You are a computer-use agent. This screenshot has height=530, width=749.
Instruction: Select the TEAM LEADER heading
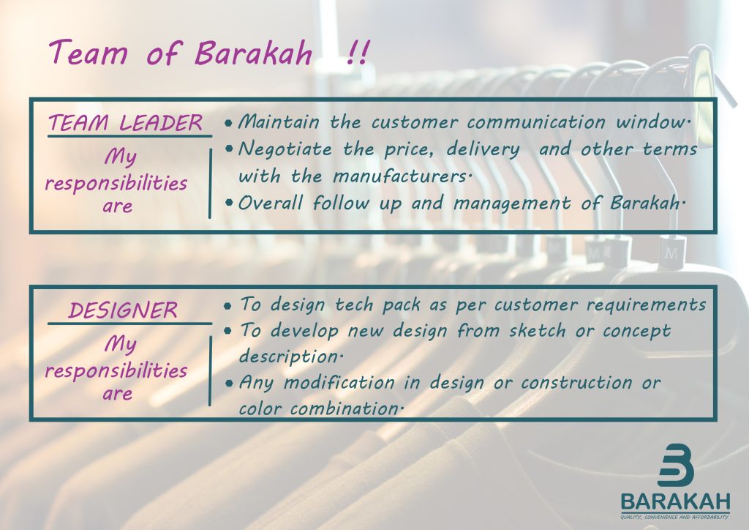[125, 124]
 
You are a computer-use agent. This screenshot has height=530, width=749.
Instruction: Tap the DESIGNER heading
[123, 310]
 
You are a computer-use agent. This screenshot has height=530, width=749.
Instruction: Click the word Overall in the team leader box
[270, 204]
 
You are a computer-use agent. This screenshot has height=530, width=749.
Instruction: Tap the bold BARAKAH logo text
[675, 502]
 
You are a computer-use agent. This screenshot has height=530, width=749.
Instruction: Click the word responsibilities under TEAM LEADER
[116, 182]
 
